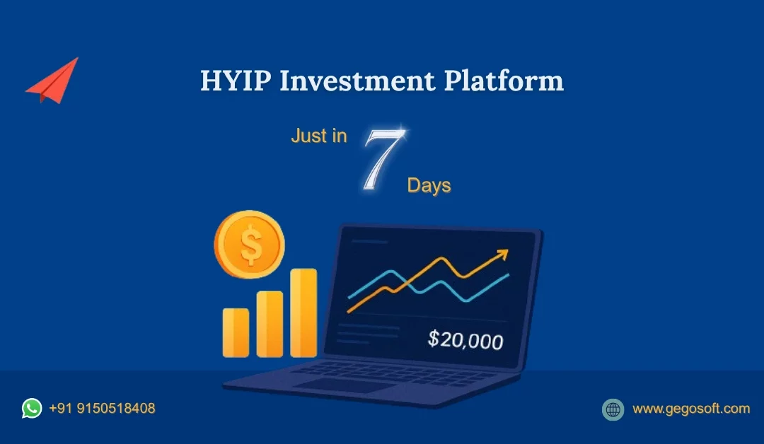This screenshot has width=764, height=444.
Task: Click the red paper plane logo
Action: pyautogui.click(x=53, y=81)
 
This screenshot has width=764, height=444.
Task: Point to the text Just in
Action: pyautogui.click(x=319, y=136)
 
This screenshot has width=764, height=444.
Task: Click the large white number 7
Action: pyautogui.click(x=382, y=161)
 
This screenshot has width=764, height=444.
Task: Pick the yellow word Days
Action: pyautogui.click(x=429, y=186)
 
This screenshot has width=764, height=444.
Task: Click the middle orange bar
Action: pyautogui.click(x=270, y=324)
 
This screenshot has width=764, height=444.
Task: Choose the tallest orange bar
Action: pyautogui.click(x=303, y=312)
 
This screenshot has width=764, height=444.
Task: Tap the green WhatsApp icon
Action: pyautogui.click(x=32, y=408)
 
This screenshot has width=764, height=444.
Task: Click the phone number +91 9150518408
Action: pyautogui.click(x=102, y=409)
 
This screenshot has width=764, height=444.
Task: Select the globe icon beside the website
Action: pyautogui.click(x=613, y=409)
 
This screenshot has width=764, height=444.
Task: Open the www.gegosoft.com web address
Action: pyautogui.click(x=690, y=409)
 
